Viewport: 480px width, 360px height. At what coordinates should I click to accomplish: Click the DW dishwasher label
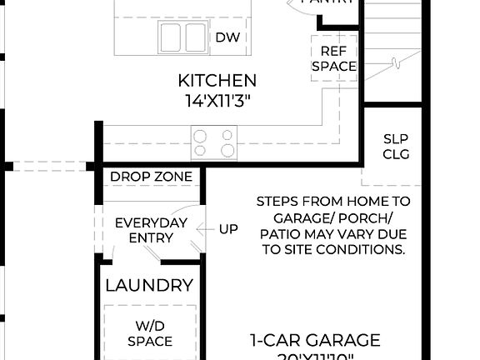tap(228, 37)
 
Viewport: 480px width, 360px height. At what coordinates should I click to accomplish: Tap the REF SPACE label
tap(333, 58)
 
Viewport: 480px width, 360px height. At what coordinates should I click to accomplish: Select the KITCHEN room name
tap(217, 81)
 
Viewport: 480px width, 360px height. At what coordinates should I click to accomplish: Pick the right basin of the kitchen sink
tap(194, 37)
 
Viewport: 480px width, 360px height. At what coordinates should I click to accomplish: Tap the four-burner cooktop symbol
tap(214, 141)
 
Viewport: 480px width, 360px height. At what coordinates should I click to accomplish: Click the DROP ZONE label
tap(152, 177)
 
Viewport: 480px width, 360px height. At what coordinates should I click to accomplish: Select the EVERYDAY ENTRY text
tap(150, 230)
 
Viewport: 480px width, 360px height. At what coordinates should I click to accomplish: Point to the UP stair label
tap(229, 229)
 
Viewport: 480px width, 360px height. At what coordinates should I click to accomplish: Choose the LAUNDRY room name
tap(149, 286)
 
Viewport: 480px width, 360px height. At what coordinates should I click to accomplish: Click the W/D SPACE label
tap(150, 333)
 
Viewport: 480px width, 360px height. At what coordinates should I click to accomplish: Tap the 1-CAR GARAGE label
tap(315, 340)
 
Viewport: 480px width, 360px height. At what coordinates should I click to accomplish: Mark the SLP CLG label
tap(396, 147)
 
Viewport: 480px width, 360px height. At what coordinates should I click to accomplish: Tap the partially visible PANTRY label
tap(326, 2)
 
